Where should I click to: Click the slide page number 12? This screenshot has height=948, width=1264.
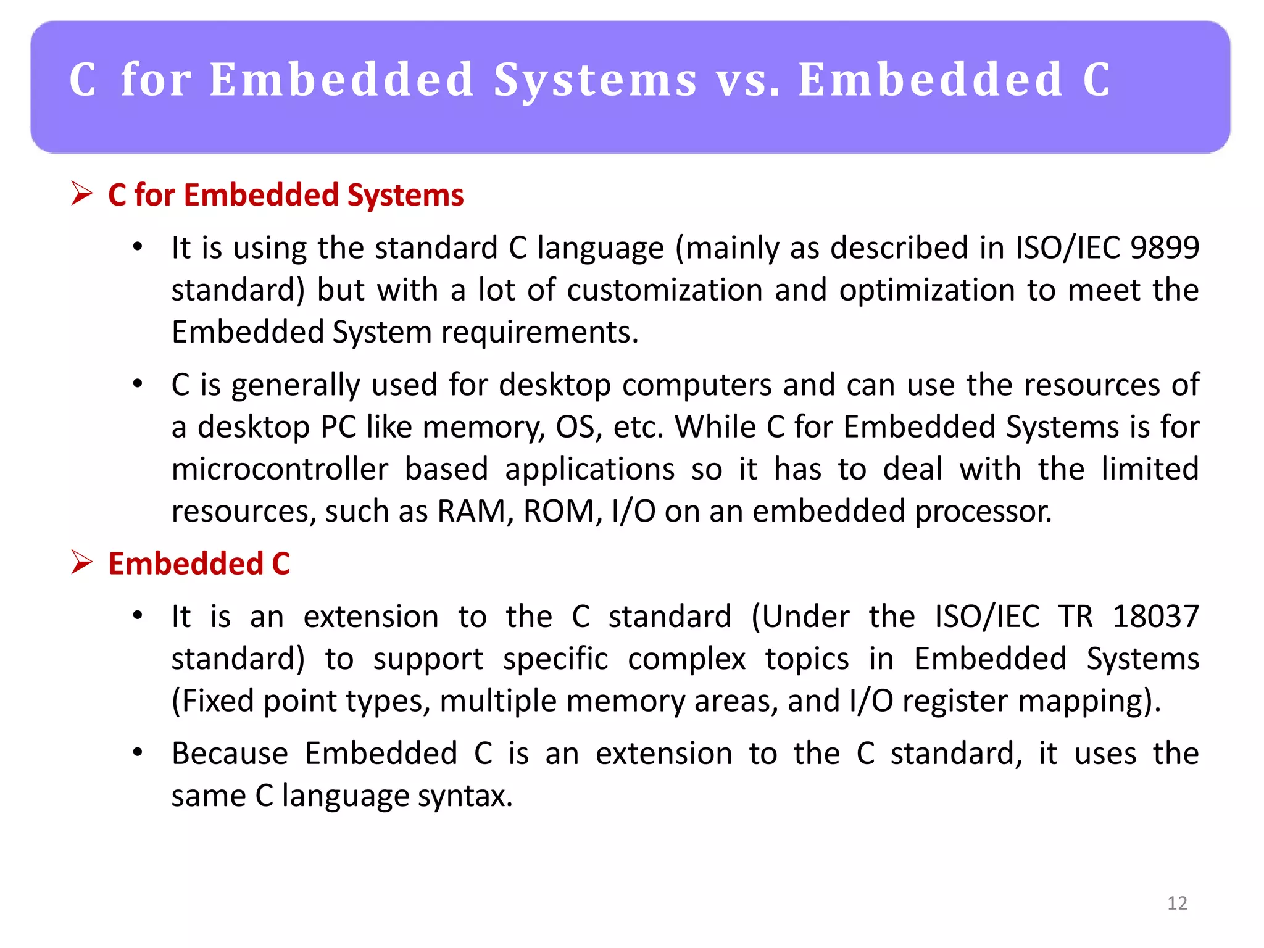coord(1177,903)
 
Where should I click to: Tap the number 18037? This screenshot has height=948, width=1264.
coord(1155,616)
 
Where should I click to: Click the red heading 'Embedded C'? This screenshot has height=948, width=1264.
coord(199,563)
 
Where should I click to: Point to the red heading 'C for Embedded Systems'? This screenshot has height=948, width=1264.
coord(286,195)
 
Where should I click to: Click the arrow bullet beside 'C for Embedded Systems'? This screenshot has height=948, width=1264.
coord(81,194)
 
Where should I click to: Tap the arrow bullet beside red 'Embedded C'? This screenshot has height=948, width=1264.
coord(81,562)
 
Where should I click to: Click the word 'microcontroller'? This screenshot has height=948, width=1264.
coord(280,469)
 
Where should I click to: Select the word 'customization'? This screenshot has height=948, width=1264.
coord(665,290)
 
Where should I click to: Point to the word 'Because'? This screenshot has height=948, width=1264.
coord(230,754)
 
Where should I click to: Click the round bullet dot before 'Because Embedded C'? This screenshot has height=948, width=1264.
coord(138,752)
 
